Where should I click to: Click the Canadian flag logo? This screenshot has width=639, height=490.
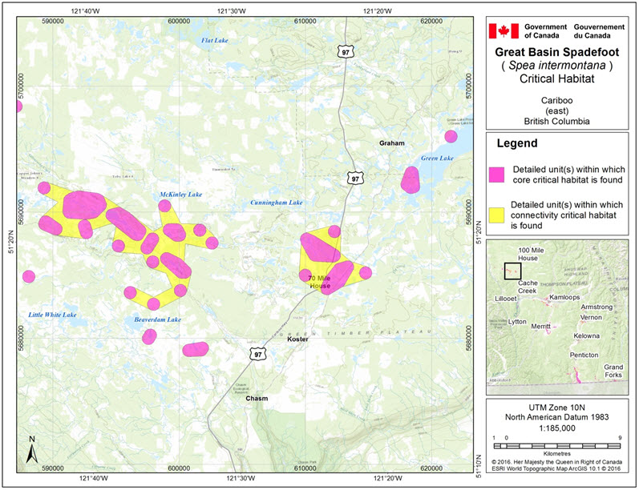tap(504, 31)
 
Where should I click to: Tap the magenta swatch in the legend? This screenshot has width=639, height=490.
tap(497, 174)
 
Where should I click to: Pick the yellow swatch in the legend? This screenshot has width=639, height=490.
tap(497, 215)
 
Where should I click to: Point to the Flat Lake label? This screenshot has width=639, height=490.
tap(215, 40)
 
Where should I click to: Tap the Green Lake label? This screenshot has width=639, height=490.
tap(438, 159)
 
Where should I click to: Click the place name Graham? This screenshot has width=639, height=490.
tap(392, 143)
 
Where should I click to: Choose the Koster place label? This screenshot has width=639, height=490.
tap(297, 339)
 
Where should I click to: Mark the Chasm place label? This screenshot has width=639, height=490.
tap(257, 398)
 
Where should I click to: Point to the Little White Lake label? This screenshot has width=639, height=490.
tap(52, 314)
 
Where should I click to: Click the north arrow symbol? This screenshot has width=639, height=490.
tap(30, 450)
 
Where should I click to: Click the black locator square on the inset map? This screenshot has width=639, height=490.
tap(512, 271)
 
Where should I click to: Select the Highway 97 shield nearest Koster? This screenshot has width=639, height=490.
tap(257, 353)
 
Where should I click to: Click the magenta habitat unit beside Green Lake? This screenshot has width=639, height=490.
tap(410, 180)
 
